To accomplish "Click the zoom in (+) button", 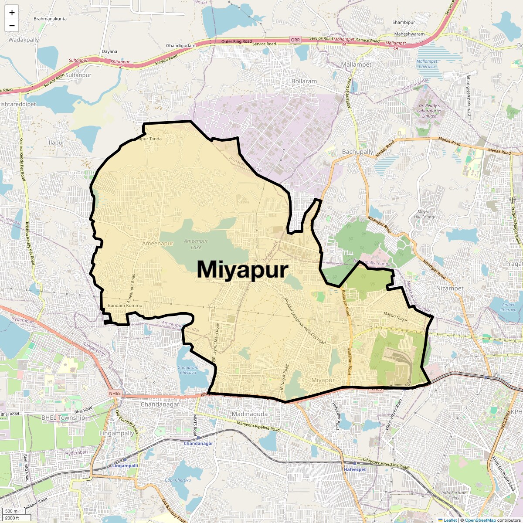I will coord(12,13).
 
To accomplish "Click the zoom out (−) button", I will coord(12,25).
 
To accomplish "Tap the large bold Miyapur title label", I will coord(242,269).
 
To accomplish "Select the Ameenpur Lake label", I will coord(196,244).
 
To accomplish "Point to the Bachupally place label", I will coord(357,152).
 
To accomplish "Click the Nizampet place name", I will coord(450,288).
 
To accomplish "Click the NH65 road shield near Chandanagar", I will coord(115,394).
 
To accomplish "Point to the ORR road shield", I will coord(295,40).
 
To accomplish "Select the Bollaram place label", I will coord(304,82).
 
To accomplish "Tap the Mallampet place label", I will coord(357,65).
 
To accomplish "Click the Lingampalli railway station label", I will coord(125,465).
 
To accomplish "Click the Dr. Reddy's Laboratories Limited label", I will coord(429,111).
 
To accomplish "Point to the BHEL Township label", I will coord(63,418).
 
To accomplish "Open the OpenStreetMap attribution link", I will coord(480,520).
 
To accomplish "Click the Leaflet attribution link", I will coord(450,520).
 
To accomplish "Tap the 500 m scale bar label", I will coord(11,511).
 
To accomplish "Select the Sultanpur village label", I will coord(78,75).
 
